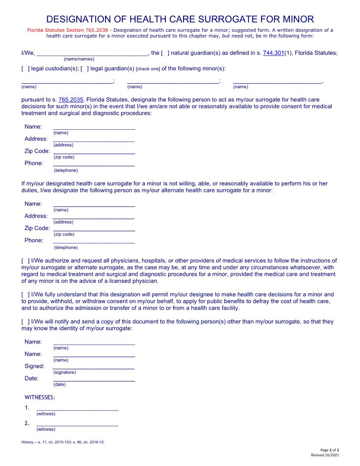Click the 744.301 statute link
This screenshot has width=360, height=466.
click(x=273, y=53)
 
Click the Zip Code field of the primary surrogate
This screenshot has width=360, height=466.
click(x=94, y=151)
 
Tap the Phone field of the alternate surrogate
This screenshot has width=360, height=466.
click(x=94, y=241)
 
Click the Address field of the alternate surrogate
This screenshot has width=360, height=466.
click(x=94, y=216)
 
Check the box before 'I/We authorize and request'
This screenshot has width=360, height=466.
click(x=26, y=261)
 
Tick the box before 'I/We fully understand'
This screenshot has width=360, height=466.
click(x=26, y=294)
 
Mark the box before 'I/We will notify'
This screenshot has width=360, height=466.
click(x=26, y=322)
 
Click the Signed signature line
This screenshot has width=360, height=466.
click(x=94, y=366)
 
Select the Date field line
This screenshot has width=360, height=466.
click(x=94, y=379)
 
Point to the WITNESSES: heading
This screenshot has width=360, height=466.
click(x=40, y=397)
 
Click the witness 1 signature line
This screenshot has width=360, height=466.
click(x=77, y=408)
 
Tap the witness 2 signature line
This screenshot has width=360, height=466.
click(x=77, y=424)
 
